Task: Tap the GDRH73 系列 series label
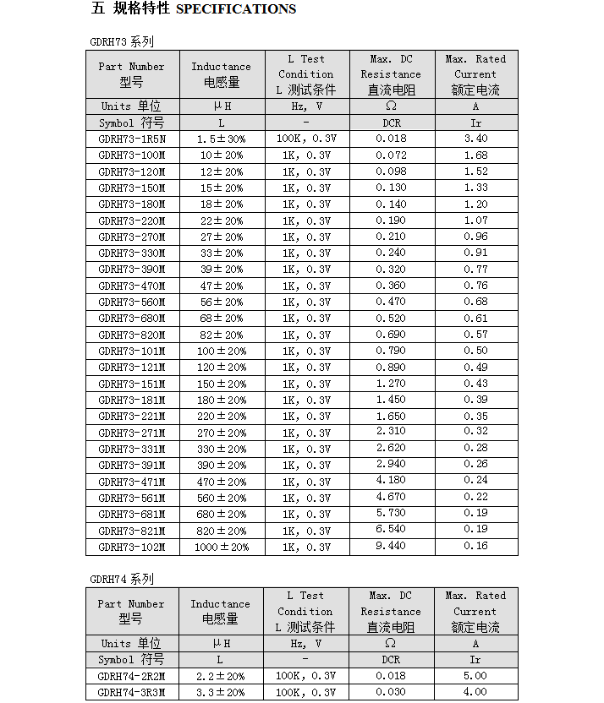coord(122,41)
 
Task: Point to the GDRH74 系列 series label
coord(122,579)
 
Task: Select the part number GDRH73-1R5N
coord(132,139)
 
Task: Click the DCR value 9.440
coord(391,547)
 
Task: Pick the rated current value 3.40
coord(475,139)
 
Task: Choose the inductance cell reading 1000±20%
coord(222,547)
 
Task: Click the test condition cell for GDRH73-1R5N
coord(306,139)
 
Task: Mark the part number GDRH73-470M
coord(132,286)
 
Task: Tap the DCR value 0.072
coord(391,155)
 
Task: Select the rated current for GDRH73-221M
coord(475,417)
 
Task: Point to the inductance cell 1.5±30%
coord(222,139)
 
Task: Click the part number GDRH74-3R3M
coord(132,692)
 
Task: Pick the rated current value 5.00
coord(475,676)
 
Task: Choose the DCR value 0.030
coord(391,692)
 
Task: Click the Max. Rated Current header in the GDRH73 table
coord(475,74)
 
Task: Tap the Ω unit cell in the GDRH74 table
coord(391,643)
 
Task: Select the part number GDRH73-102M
coord(132,547)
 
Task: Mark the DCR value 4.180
coord(391,482)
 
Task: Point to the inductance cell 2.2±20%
coord(222,676)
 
